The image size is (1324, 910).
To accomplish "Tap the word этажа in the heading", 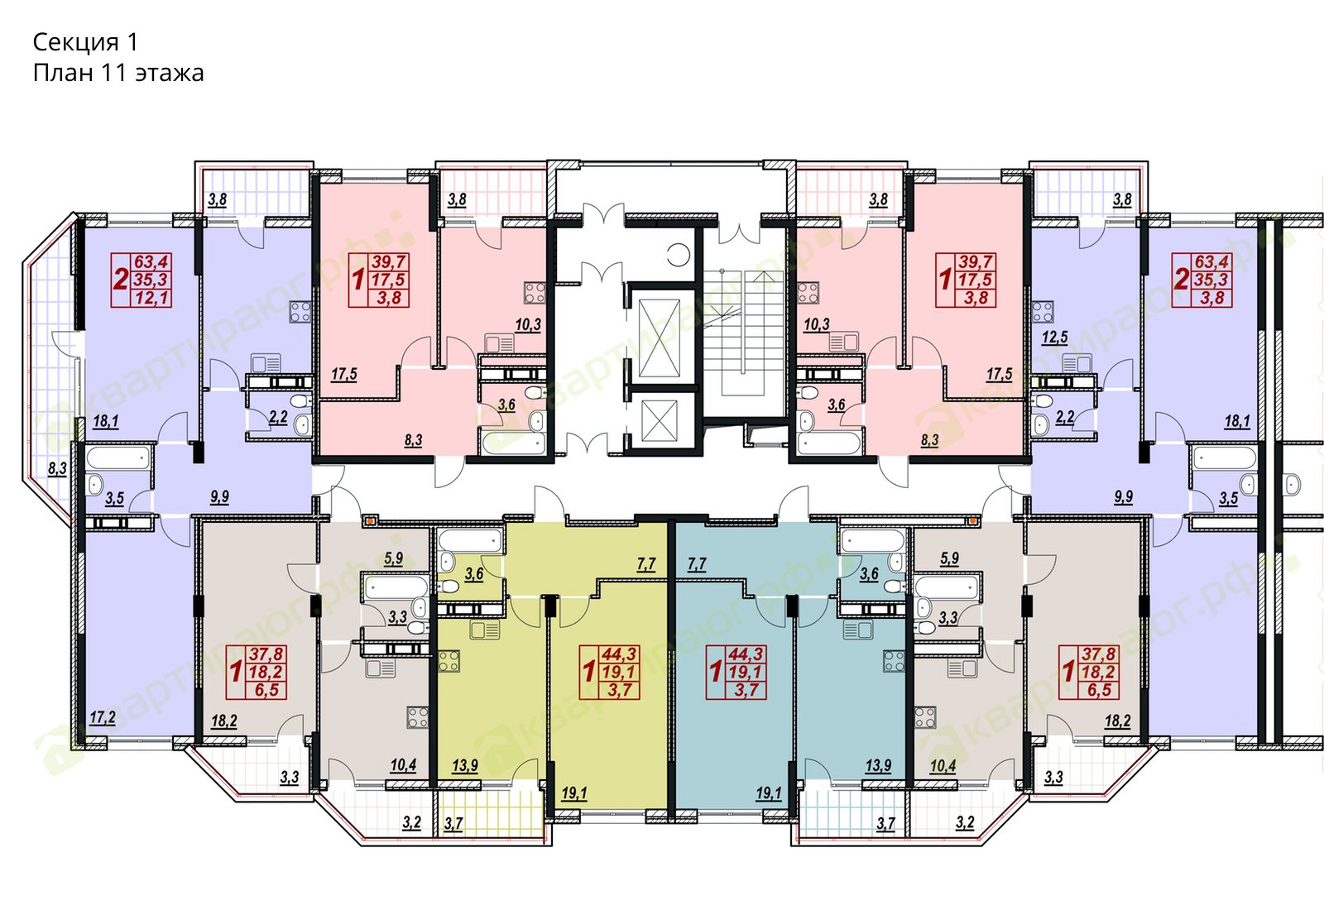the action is point(170,74).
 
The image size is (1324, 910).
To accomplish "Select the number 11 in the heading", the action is point(115,73).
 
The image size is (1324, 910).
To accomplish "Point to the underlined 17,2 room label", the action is point(103,718).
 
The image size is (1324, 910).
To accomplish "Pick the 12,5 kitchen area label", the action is point(1055,338).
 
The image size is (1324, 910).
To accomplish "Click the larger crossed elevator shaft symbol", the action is point(659,338).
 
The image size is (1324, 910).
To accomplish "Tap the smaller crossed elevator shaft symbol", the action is point(659,421).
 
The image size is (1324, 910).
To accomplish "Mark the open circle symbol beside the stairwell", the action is point(679,255).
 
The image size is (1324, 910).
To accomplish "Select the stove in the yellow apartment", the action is point(449,661).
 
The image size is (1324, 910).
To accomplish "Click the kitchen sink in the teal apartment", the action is point(857,630).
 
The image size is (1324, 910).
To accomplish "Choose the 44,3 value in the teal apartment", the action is point(747,654).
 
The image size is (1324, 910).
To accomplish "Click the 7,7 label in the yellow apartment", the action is point(646,564).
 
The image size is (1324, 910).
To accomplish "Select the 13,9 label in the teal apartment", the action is point(878,765).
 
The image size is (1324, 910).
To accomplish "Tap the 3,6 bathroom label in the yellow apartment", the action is point(474,574).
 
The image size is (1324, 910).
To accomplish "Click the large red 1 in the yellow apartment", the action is point(588,672).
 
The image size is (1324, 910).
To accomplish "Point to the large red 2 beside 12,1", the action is point(121,279).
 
